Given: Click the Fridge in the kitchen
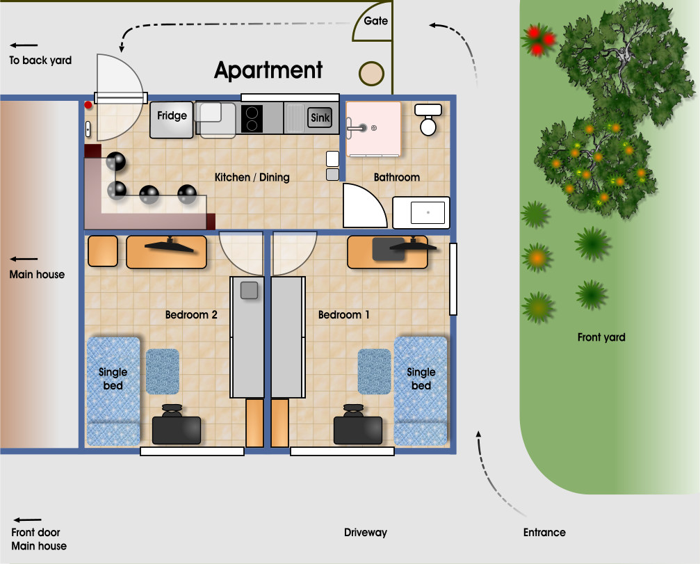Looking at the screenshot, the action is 172,120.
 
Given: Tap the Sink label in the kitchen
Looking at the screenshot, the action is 320,118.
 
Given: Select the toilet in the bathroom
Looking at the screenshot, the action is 428,119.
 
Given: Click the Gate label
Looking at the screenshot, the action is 376,21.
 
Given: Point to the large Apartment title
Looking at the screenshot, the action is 268,70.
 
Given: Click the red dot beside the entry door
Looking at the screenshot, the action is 88,105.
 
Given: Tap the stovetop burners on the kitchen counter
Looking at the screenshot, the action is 252,118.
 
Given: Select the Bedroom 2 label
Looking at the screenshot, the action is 191,315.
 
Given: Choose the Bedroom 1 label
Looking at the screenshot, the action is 344,315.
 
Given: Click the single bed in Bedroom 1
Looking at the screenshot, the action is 421,391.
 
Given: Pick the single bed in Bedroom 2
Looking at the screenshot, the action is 113,391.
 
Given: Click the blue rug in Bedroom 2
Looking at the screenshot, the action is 163,371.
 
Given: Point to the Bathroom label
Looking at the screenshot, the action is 396,177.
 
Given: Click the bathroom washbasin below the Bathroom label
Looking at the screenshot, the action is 421,213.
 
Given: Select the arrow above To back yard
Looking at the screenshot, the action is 24,45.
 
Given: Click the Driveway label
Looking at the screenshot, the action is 366,532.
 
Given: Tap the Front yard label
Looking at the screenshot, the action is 601,337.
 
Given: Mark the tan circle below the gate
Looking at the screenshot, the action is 371,74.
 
